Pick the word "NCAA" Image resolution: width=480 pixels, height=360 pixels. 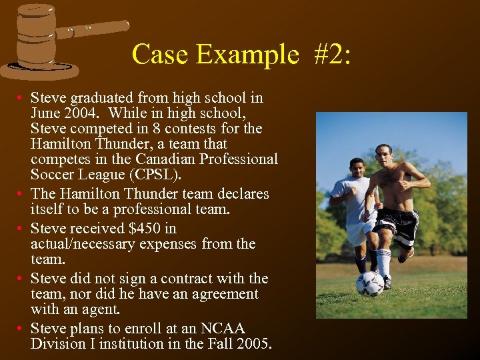223,329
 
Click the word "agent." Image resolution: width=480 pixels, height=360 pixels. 101,309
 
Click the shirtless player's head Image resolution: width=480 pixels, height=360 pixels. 383,153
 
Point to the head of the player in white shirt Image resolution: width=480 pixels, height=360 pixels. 357,167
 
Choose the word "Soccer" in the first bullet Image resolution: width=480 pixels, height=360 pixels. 54,175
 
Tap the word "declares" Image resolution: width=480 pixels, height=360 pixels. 242,194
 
